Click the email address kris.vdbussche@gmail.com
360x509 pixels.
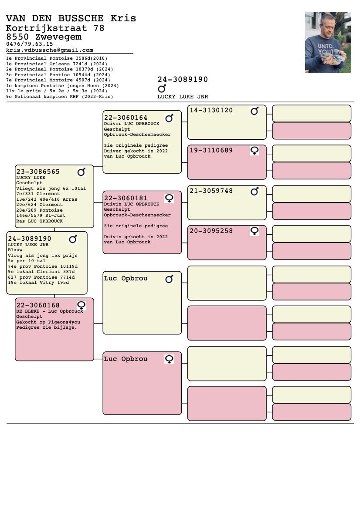click(50, 50)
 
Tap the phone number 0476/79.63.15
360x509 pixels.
click(30, 44)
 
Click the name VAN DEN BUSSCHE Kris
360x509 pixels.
click(71, 18)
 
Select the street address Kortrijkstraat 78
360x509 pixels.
click(55, 28)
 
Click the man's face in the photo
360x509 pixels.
click(326, 27)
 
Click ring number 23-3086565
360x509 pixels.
click(38, 172)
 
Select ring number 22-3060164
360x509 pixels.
click(126, 118)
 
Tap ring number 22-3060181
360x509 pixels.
click(126, 198)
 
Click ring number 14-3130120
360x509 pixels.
click(211, 110)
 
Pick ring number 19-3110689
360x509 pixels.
click(211, 150)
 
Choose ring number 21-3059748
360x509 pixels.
click(211, 191)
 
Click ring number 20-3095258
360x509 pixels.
click(211, 231)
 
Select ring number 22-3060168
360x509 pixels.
click(38, 305)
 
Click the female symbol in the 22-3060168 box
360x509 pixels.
click(81, 306)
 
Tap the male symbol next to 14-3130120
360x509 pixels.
click(255, 111)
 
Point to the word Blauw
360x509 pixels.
click(15, 250)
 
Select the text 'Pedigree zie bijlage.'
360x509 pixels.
click(47, 327)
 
